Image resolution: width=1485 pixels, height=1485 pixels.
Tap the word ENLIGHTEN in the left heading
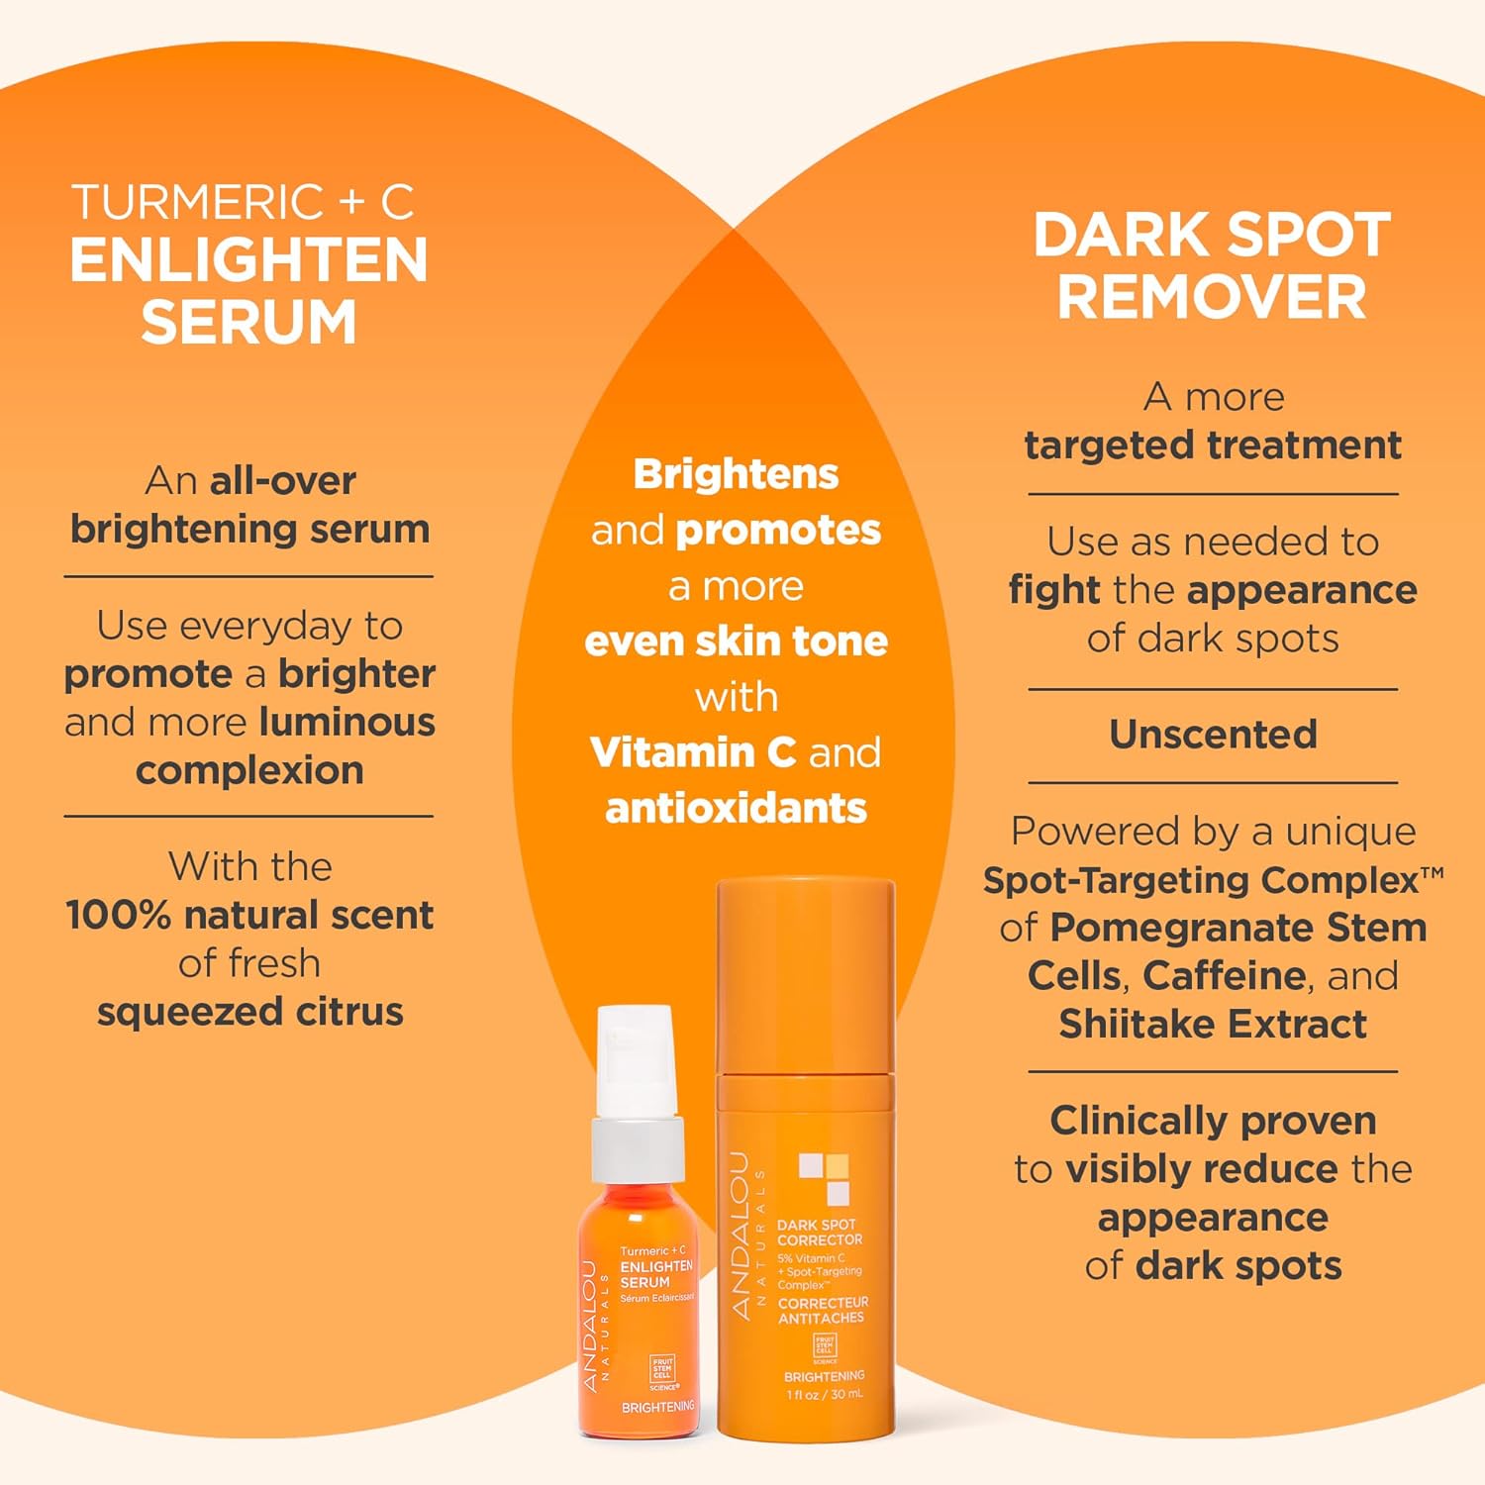click(248, 261)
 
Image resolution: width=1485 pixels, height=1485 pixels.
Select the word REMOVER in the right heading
click(1212, 297)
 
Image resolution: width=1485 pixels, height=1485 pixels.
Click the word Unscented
click(1213, 735)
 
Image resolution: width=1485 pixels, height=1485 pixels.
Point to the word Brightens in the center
click(736, 474)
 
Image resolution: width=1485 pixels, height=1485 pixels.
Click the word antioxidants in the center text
click(736, 809)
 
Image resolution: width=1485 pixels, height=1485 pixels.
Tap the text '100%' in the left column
click(118, 916)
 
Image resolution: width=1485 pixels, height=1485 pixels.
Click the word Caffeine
click(1224, 976)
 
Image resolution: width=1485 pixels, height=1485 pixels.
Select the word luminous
click(346, 723)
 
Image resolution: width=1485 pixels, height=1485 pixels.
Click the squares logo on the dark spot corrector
click(824, 1178)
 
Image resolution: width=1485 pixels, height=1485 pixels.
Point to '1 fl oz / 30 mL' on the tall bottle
click(824, 1395)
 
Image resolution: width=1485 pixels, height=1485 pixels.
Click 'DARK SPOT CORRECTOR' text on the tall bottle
click(819, 1233)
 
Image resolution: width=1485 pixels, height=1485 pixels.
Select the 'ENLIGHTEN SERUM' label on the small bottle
click(655, 1274)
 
